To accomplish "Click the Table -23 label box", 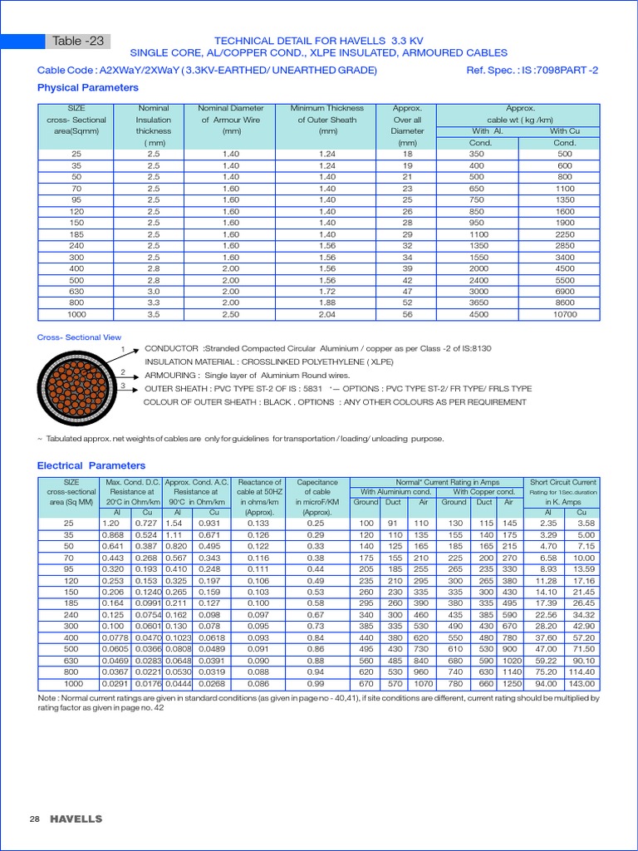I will coord(76,42).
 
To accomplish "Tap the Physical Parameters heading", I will coord(87,87).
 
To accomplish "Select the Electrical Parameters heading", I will coord(91,465).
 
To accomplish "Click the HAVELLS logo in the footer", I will coord(76,819).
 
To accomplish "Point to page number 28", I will coord(35,819).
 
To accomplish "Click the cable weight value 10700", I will coord(564,315).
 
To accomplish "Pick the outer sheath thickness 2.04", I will coord(328,315).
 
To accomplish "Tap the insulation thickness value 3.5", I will coord(153,315).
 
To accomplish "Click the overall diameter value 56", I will coord(407,315).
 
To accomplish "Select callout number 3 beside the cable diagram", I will coord(122,386).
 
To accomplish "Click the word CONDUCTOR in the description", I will coord(172,348).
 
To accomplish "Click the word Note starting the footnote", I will coord(50,698).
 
